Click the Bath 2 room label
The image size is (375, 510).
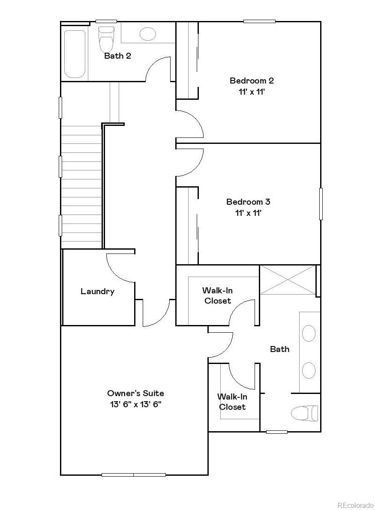pos(117,56)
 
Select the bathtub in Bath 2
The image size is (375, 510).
pos(75,54)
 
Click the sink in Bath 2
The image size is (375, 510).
pos(148,33)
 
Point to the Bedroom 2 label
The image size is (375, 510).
pos(252,81)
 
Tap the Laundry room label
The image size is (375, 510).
pos(97,292)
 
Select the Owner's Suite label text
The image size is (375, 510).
pos(135,393)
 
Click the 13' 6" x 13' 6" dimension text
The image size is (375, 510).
pos(135,404)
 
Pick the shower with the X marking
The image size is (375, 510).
pos(288,280)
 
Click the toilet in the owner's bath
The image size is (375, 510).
pos(305,413)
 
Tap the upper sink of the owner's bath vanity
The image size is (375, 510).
pos(309,333)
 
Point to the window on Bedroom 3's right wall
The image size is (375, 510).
pos(321,204)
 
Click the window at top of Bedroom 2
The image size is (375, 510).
pos(259,21)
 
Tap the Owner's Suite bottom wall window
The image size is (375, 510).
pos(134,474)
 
